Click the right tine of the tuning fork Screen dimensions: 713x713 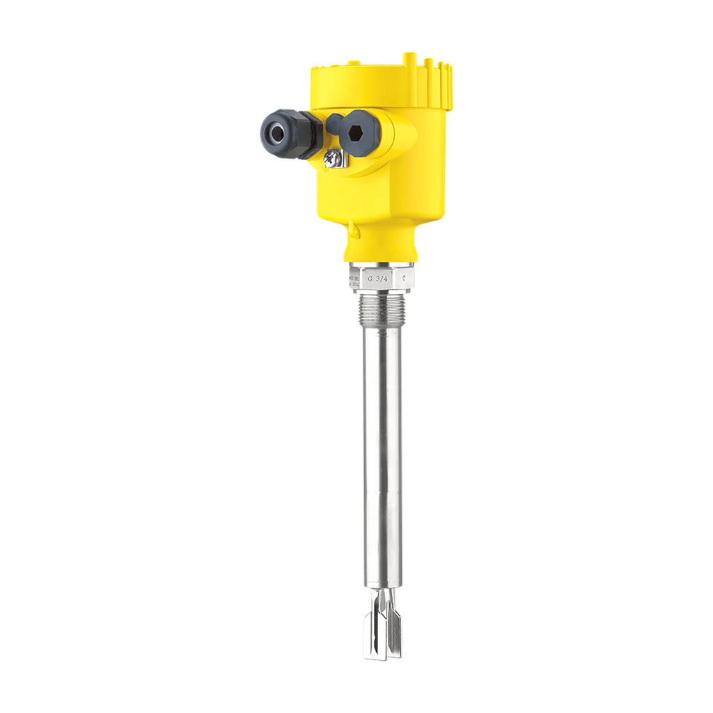[394, 627]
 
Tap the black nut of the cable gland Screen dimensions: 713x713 [305, 134]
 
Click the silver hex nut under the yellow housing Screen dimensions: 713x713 [381, 277]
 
